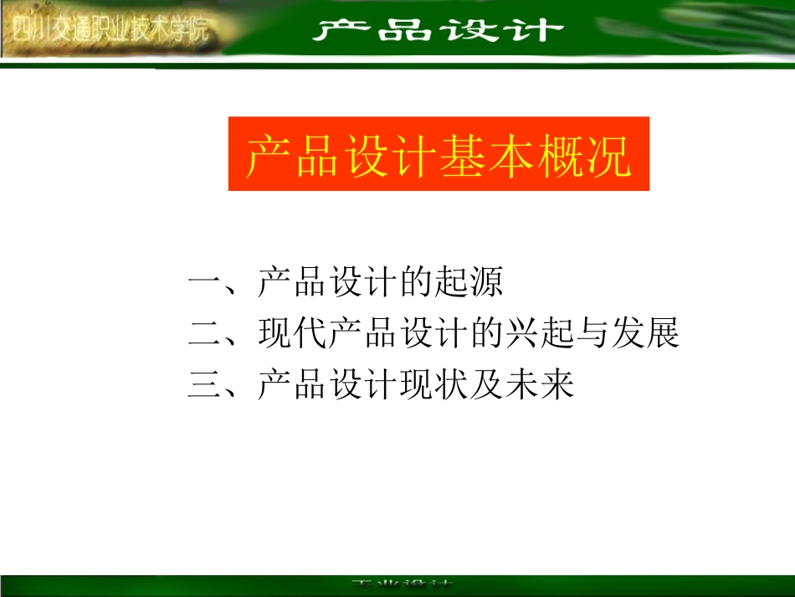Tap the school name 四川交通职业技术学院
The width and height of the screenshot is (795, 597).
(110, 33)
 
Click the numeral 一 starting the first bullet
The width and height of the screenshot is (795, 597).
(204, 284)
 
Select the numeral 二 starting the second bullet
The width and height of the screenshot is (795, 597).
(204, 333)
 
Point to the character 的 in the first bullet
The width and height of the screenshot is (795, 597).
(415, 283)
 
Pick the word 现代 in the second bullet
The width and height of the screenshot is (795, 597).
(292, 333)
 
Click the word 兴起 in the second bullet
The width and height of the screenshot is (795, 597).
(538, 333)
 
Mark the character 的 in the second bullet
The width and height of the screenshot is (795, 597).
(485, 333)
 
